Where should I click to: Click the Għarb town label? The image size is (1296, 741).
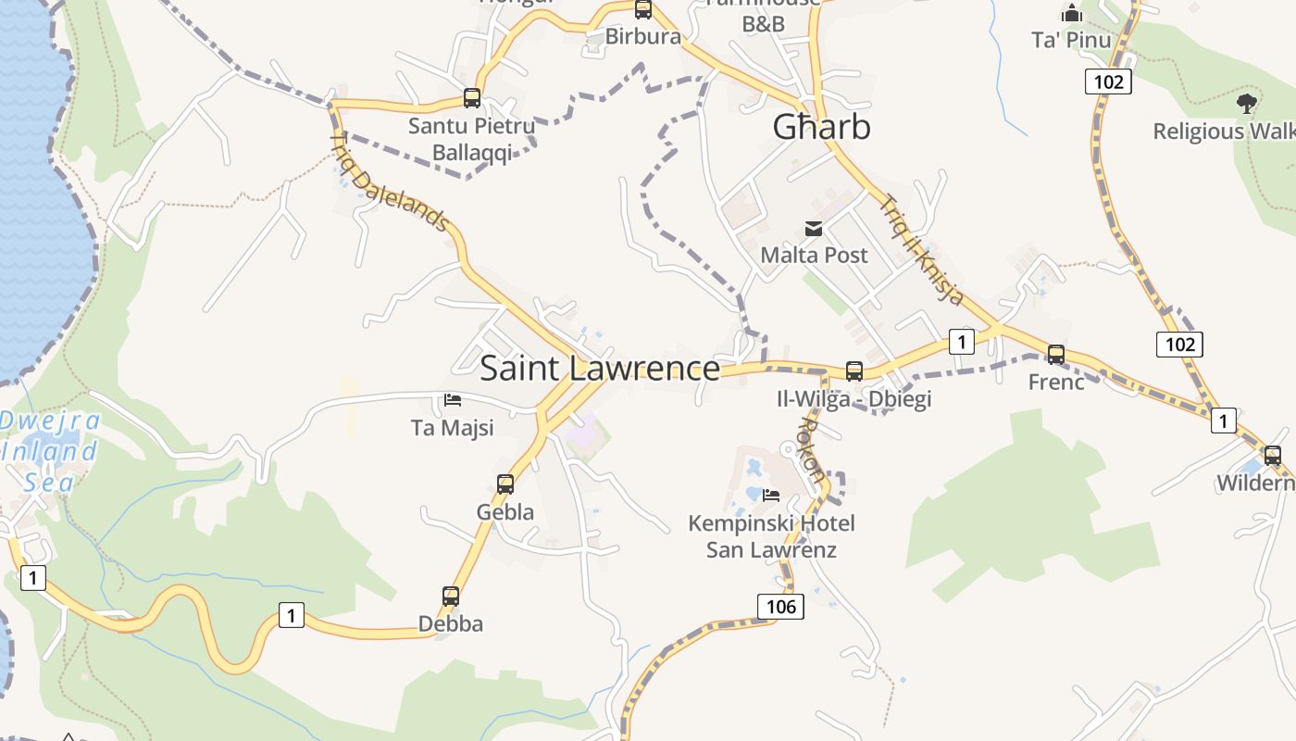(822, 127)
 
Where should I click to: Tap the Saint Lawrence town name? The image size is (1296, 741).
(600, 369)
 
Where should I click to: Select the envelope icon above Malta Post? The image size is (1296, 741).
(814, 229)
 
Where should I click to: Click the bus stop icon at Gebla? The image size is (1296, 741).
(505, 484)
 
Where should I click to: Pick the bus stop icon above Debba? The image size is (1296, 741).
(451, 597)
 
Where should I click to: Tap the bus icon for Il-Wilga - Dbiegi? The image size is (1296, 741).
(854, 371)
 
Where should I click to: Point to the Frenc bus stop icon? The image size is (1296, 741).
(1056, 354)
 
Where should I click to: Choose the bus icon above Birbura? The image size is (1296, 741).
(643, 10)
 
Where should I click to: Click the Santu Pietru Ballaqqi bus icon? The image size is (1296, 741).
(472, 98)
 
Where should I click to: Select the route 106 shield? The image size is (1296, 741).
(780, 607)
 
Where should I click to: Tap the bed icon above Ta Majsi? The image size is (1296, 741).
(453, 400)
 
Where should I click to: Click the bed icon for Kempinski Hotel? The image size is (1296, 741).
(770, 496)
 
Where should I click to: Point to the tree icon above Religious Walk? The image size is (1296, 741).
(1246, 103)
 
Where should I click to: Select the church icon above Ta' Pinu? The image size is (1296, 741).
(1072, 13)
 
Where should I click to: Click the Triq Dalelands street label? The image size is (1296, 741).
(390, 182)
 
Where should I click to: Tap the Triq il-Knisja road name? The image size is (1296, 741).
(922, 249)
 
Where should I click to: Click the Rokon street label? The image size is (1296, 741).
(811, 448)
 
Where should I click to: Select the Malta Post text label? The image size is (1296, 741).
(814, 255)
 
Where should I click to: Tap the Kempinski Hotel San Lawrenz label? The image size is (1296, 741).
(771, 536)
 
